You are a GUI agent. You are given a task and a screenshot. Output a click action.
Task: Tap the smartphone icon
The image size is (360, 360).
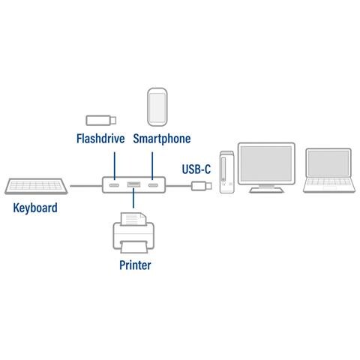point(157,107)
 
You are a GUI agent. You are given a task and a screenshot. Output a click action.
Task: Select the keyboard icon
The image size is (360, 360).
point(37,185)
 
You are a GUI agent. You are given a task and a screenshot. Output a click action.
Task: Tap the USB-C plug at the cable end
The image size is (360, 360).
point(202,185)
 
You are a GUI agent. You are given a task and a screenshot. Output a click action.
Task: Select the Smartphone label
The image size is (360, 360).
point(161,139)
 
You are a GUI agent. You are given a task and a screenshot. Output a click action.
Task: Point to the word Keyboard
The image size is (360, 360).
point(35,208)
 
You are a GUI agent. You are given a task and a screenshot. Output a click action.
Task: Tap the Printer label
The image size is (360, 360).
point(134,265)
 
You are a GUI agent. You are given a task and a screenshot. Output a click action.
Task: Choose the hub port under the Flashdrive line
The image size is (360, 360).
point(115,185)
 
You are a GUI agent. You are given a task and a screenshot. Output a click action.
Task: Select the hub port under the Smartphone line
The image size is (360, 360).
point(153,185)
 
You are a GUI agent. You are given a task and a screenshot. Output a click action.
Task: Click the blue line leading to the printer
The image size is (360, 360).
point(133,199)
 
